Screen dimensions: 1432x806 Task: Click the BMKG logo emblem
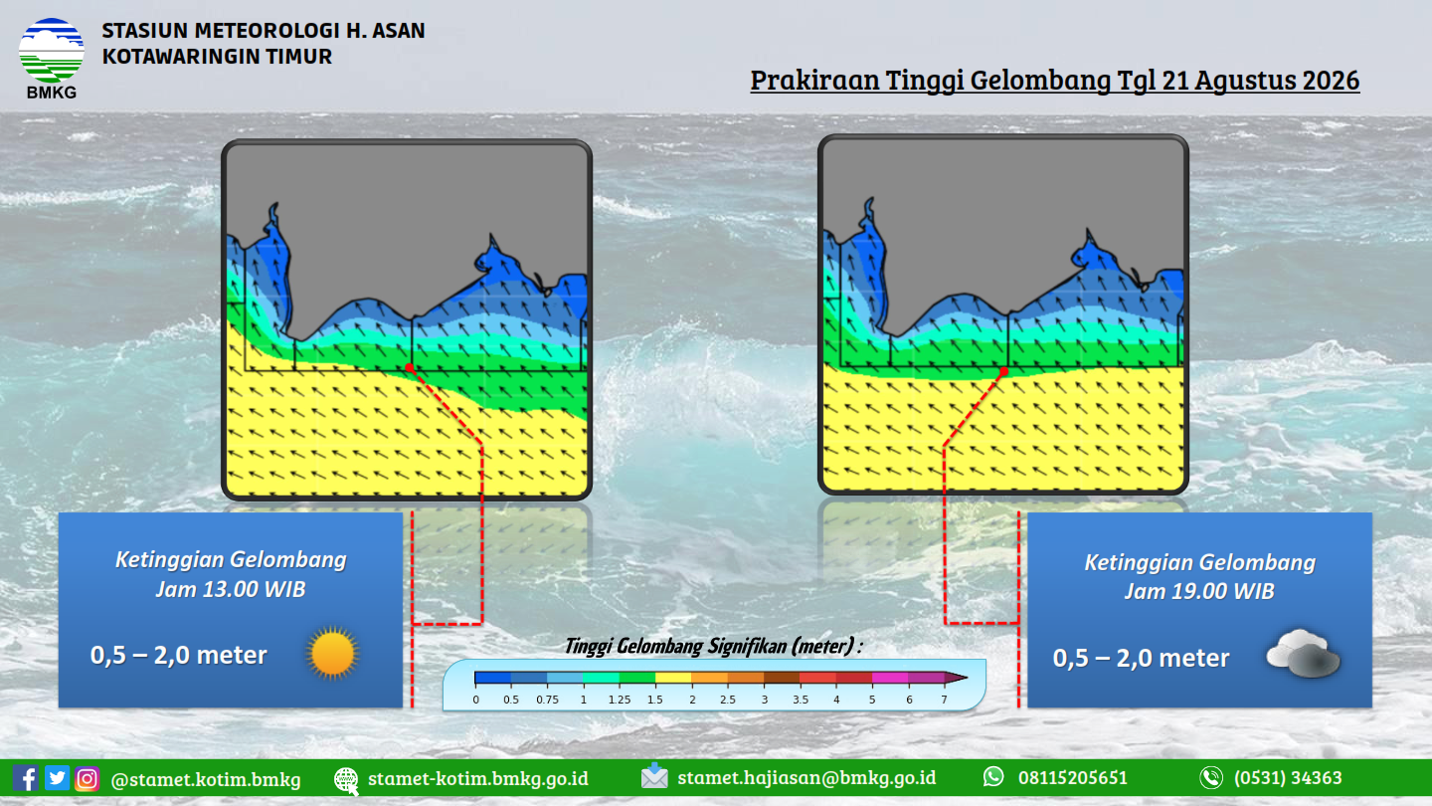[x=51, y=50]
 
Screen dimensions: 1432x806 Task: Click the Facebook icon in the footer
[x=26, y=778]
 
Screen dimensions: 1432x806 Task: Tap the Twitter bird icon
[x=57, y=778]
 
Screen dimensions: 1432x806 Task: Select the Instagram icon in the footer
[x=87, y=778]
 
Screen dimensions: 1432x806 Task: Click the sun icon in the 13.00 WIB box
[x=332, y=653]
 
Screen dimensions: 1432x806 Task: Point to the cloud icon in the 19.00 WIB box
[x=1303, y=653]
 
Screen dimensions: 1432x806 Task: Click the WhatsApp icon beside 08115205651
[x=993, y=776]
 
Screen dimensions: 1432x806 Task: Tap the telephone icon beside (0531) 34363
[x=1211, y=778]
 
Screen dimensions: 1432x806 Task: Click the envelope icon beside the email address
[x=654, y=776]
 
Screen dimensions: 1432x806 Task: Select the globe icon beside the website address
[x=346, y=780]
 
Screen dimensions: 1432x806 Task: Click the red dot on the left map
[x=410, y=368]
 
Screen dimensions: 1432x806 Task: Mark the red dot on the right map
[x=1003, y=372]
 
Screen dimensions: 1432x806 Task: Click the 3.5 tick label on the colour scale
[x=801, y=700]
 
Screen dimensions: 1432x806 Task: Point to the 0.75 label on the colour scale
[x=547, y=700]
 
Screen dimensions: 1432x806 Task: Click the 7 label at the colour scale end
[x=944, y=700]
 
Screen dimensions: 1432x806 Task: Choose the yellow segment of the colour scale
[x=673, y=678]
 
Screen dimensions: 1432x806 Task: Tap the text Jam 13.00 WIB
[x=231, y=589]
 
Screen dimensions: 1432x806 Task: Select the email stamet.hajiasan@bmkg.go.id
[x=806, y=777]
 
